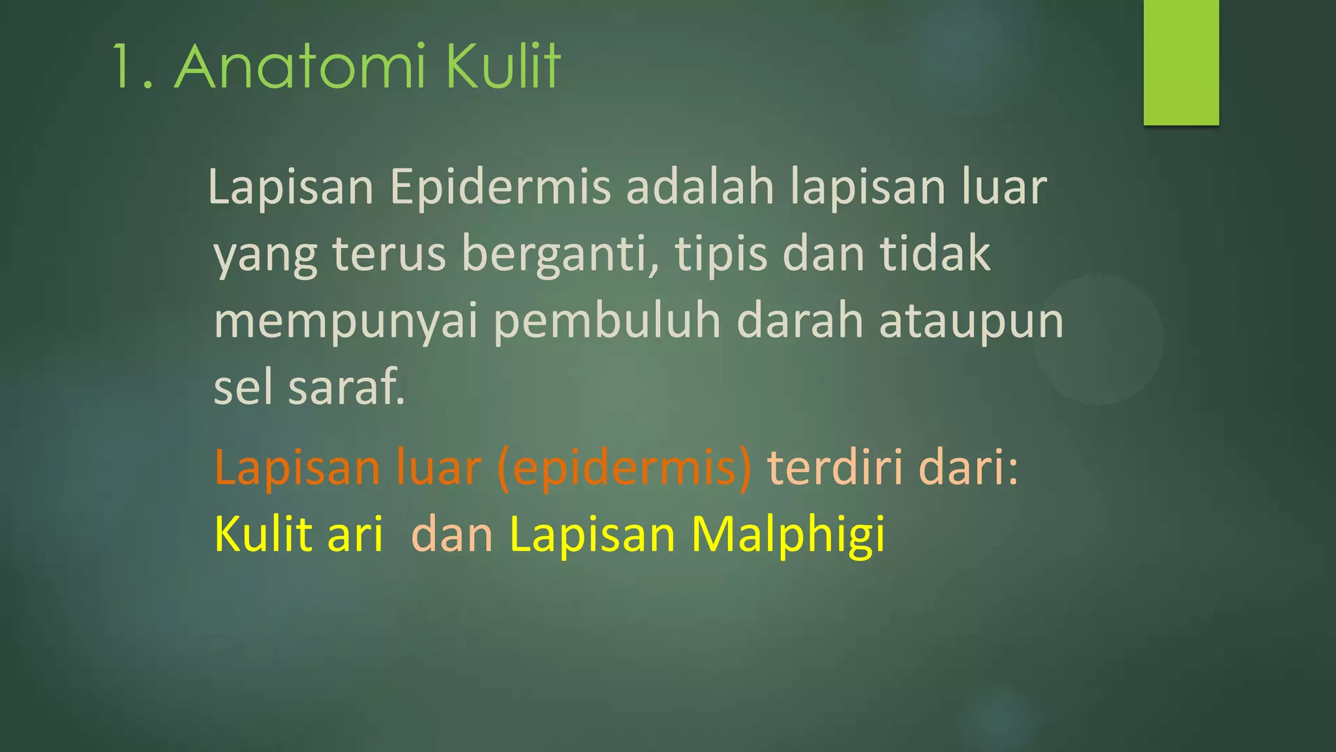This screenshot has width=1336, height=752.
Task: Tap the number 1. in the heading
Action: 133,68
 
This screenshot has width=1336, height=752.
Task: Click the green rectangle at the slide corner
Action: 1181,62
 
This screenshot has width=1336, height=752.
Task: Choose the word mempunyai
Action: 346,322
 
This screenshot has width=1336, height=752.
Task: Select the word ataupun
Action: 971,322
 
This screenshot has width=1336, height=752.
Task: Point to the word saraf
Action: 346,387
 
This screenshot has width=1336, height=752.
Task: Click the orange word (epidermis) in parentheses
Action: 624,469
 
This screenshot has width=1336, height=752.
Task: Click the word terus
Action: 389,254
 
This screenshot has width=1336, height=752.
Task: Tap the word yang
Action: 266,255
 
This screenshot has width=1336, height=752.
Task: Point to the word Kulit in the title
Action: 503,67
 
